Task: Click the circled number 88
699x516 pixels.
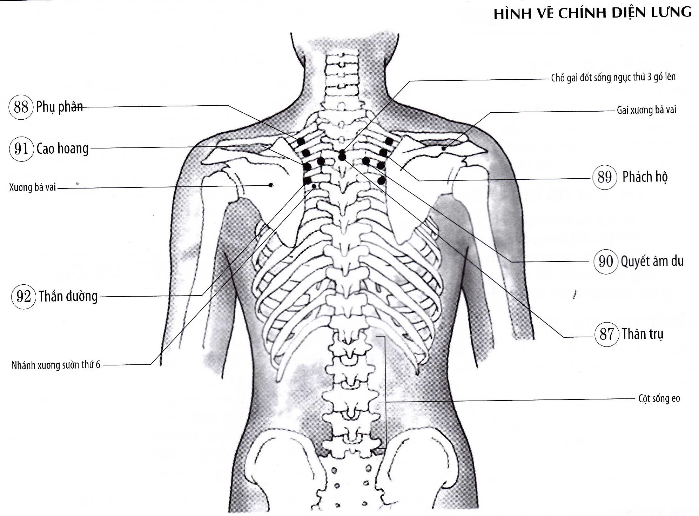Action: tap(21, 107)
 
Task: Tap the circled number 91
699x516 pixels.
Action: tap(21, 149)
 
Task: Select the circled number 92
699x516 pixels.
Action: tap(23, 297)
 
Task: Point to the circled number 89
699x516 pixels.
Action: tap(605, 177)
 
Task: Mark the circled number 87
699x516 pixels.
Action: tap(607, 334)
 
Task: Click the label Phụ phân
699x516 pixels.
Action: tap(59, 107)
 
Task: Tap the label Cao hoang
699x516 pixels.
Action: tap(62, 149)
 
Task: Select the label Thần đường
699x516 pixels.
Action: tap(68, 297)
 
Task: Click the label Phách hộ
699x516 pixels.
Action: tap(645, 177)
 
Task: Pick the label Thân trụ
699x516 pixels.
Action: tap(643, 334)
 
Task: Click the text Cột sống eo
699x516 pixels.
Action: tap(659, 399)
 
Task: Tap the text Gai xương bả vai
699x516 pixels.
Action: tap(646, 110)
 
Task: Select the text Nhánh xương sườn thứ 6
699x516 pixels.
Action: tap(56, 365)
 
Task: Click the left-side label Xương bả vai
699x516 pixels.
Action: tap(33, 187)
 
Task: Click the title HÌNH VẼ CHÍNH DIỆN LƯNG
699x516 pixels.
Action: tap(592, 13)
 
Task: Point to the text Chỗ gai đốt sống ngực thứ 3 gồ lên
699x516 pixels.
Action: tap(613, 77)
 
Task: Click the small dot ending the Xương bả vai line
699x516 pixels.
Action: tap(270, 185)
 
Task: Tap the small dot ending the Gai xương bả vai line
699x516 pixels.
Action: tap(444, 148)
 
